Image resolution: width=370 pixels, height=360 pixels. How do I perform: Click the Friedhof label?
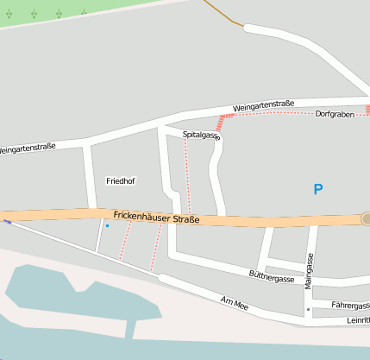(120, 181)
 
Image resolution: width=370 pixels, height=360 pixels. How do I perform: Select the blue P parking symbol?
(318, 189)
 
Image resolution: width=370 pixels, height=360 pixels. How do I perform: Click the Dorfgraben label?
(335, 114)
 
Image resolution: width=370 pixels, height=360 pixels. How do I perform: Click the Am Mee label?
(235, 303)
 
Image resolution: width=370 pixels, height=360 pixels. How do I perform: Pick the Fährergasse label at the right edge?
(351, 305)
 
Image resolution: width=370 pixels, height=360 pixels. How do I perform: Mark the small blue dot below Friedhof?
(107, 226)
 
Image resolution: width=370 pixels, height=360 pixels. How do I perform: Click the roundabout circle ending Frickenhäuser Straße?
(366, 219)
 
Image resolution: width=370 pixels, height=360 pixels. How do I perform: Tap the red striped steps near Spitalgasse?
(225, 122)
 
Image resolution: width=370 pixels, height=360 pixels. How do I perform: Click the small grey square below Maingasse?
(308, 308)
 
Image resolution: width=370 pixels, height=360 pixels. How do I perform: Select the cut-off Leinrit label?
(357, 319)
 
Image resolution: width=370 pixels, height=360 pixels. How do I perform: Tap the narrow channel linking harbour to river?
(131, 326)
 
